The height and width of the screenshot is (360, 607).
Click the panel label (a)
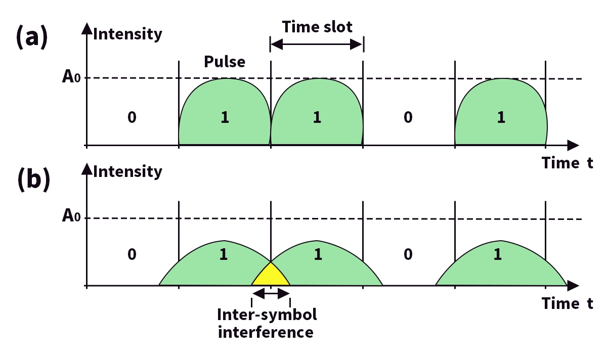[32, 37]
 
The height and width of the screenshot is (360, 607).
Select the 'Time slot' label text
[317, 27]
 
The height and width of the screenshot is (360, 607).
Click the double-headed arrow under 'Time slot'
[317, 45]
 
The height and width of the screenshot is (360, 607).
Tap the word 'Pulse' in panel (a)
[225, 62]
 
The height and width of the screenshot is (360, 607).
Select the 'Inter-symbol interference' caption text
[267, 324]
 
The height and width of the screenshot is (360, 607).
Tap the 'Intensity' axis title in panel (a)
[128, 34]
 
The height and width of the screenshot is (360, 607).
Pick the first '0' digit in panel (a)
[132, 118]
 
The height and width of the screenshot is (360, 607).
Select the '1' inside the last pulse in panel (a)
[500, 118]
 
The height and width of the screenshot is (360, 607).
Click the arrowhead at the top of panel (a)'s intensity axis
[88, 28]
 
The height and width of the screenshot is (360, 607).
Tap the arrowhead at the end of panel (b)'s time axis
[573, 286]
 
